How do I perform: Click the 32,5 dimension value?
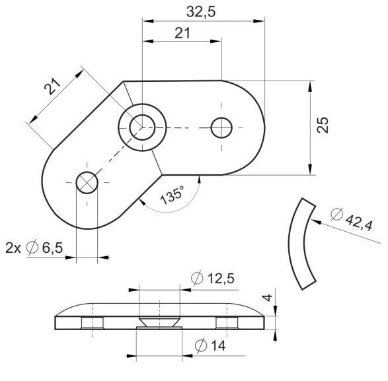[201, 12]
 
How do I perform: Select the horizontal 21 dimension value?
[182, 33]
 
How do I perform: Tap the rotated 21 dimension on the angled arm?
[52, 87]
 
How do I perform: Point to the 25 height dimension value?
[323, 125]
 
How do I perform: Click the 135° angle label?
[173, 195]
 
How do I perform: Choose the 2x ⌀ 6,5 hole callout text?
[34, 248]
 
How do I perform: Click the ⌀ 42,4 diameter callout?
[352, 219]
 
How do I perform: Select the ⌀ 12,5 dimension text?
[213, 279]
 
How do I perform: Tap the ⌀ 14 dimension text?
[210, 345]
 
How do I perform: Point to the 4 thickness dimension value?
[267, 297]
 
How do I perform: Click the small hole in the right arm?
[221, 127]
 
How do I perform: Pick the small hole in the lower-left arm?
[87, 183]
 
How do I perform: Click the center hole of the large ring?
[142, 127]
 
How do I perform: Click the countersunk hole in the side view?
[159, 322]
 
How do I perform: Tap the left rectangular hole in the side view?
[93, 323]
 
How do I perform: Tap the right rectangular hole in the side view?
[227, 323]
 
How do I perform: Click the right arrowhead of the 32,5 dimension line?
[259, 21]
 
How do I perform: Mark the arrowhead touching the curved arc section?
[316, 222]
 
